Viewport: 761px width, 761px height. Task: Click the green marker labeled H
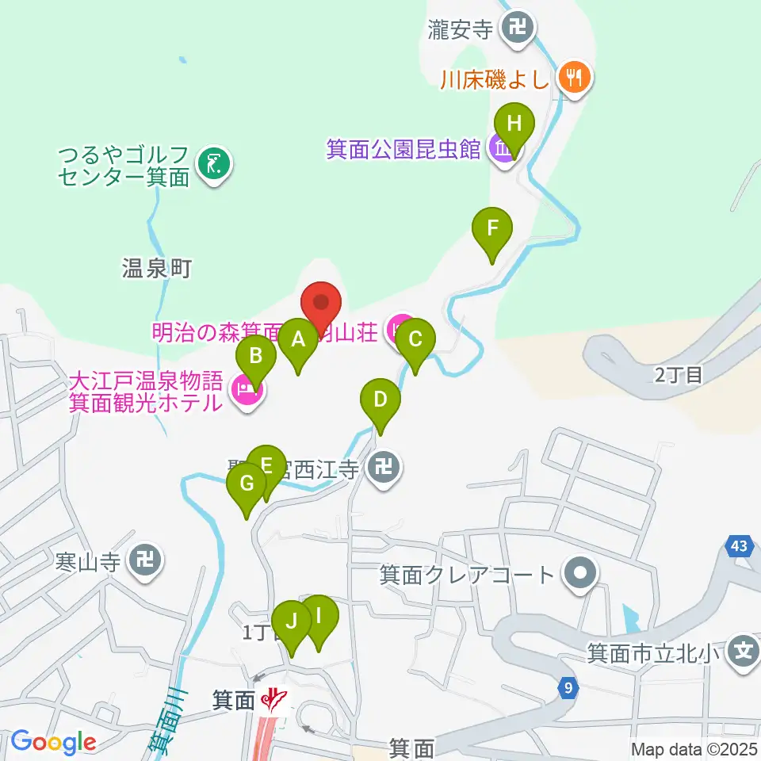(514, 124)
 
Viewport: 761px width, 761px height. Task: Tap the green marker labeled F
(492, 229)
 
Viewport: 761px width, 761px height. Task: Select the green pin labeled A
(298, 340)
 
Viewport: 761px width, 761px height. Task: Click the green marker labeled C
(415, 340)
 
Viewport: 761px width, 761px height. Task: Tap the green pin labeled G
(247, 484)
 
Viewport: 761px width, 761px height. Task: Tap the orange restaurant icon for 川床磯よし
(572, 78)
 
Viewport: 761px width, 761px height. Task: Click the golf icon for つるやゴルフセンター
(212, 164)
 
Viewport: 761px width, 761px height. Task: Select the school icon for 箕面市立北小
(743, 653)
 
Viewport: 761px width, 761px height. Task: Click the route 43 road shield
(739, 546)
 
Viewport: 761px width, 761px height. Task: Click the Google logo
(53, 742)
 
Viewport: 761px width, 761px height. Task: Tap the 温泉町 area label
(157, 269)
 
